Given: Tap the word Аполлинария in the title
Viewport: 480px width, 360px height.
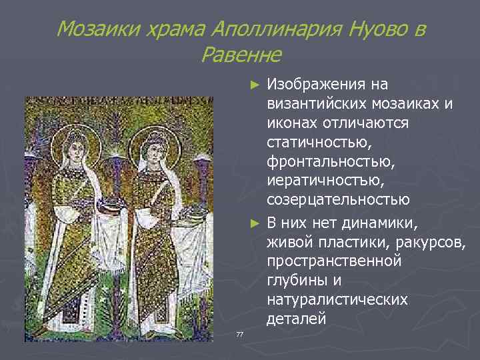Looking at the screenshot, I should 270,29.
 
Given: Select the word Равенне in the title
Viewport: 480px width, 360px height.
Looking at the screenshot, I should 240,54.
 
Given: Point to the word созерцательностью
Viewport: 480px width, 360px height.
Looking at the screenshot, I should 338,201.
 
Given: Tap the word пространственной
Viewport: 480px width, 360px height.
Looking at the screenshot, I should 334,260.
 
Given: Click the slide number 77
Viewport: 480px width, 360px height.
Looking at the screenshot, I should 239,333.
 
